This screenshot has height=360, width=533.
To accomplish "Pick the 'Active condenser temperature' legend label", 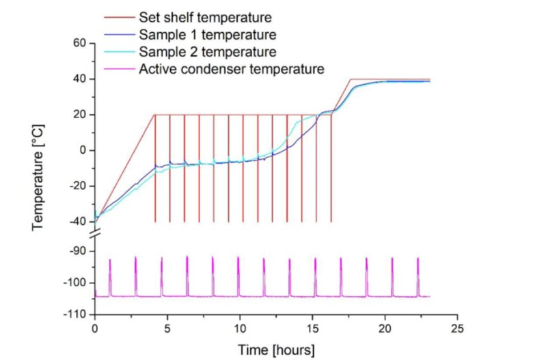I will point(231,68).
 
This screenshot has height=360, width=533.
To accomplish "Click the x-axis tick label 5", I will point(167,328).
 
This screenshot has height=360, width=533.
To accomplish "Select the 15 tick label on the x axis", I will point(312,328).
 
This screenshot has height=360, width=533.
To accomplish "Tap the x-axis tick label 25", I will point(458,328).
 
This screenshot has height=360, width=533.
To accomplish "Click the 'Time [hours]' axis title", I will point(276,350).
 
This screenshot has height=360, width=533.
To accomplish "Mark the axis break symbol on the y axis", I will point(95,234).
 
